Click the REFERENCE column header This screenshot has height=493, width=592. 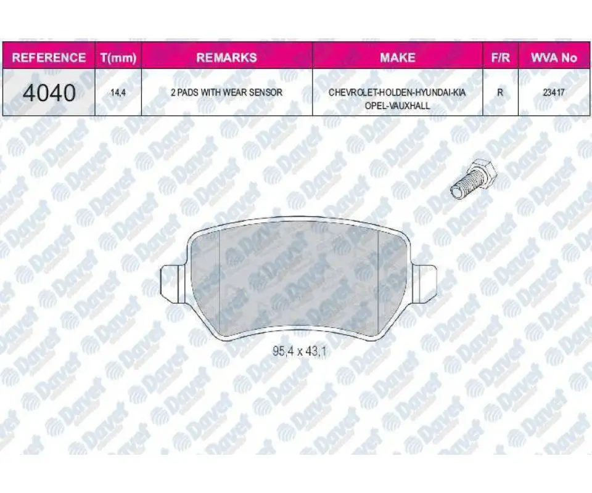[x=49, y=57]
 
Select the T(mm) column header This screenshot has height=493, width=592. [x=118, y=58]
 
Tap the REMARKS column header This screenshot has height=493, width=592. [x=226, y=57]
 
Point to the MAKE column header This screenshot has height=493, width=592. [x=398, y=57]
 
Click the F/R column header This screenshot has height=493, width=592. [x=500, y=57]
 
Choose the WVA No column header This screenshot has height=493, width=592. [x=554, y=57]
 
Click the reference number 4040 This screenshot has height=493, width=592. [x=49, y=93]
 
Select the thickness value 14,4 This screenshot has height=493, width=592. [x=118, y=92]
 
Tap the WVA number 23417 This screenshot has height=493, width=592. [x=554, y=92]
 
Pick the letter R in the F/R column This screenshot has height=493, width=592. [x=500, y=92]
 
